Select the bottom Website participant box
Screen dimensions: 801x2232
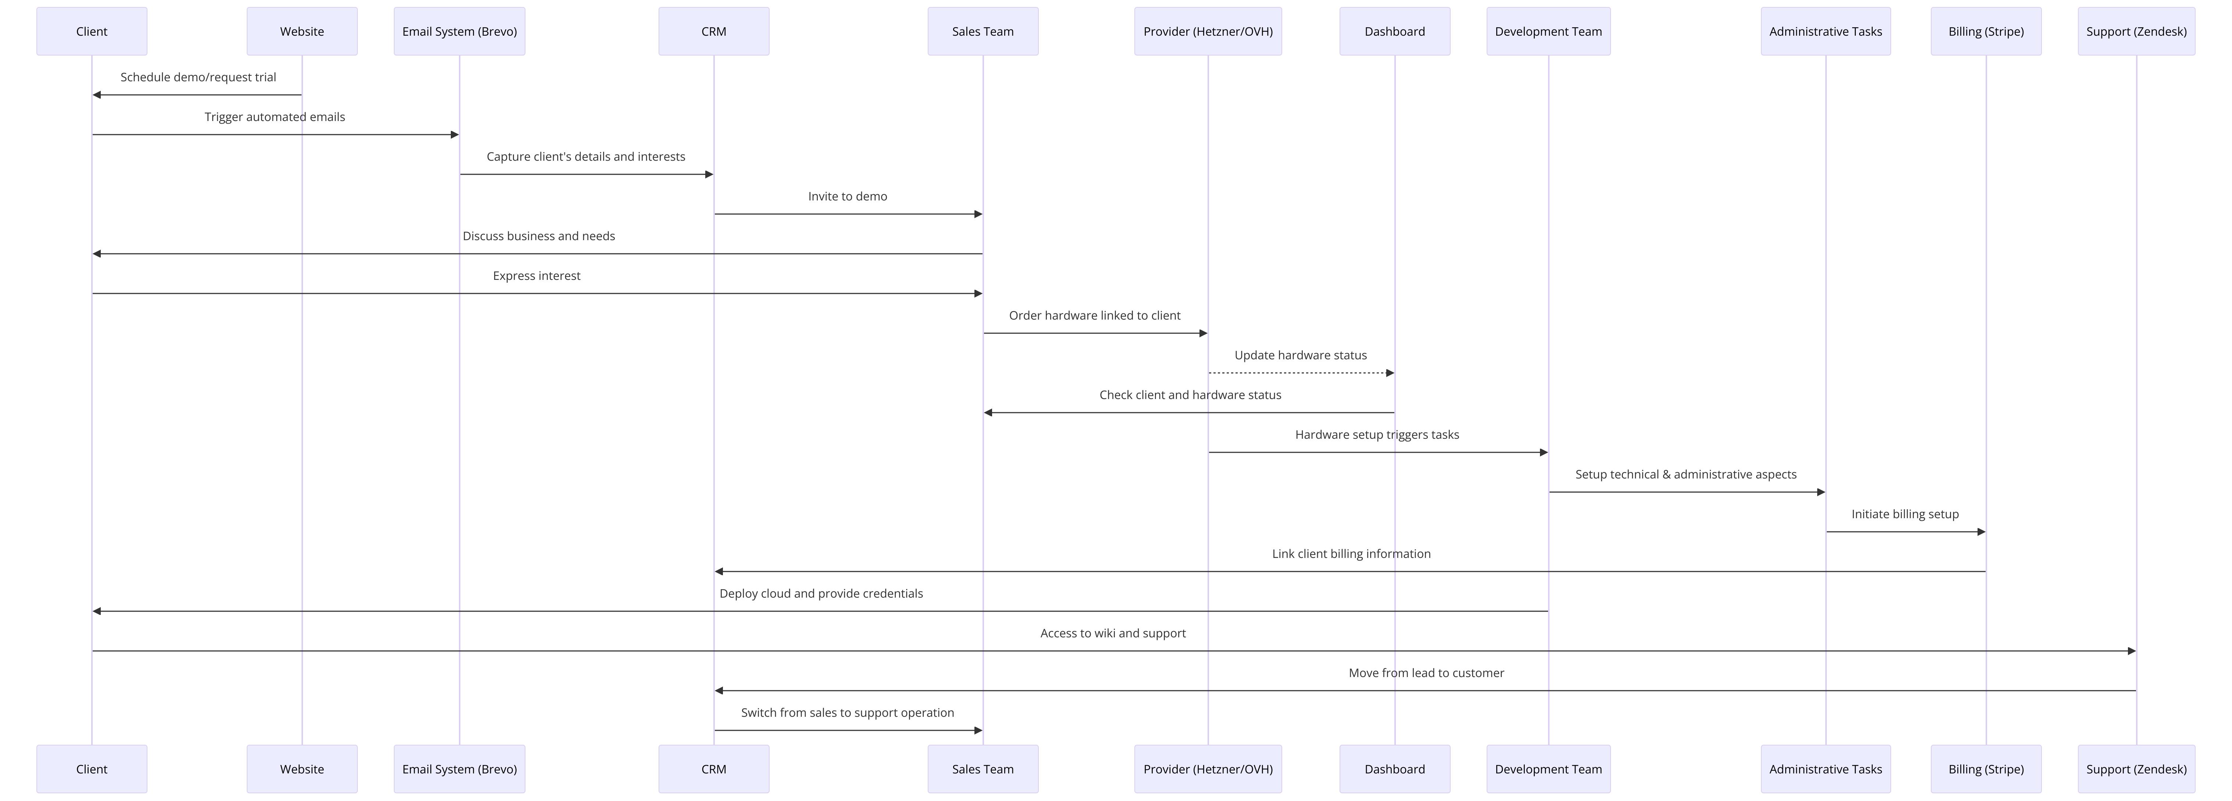(302, 769)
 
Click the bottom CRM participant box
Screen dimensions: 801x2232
(713, 769)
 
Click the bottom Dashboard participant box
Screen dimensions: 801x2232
(1394, 769)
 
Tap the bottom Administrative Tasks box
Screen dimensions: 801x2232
(1826, 769)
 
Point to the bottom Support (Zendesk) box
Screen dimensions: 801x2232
(2136, 769)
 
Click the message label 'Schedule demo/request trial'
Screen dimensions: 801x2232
(199, 77)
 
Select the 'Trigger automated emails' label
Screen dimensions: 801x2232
(275, 117)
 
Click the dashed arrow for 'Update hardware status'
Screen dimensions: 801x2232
(1300, 373)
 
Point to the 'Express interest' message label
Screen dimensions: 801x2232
(536, 276)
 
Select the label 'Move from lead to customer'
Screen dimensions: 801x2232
(1426, 673)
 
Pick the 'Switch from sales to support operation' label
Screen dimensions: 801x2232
(848, 713)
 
